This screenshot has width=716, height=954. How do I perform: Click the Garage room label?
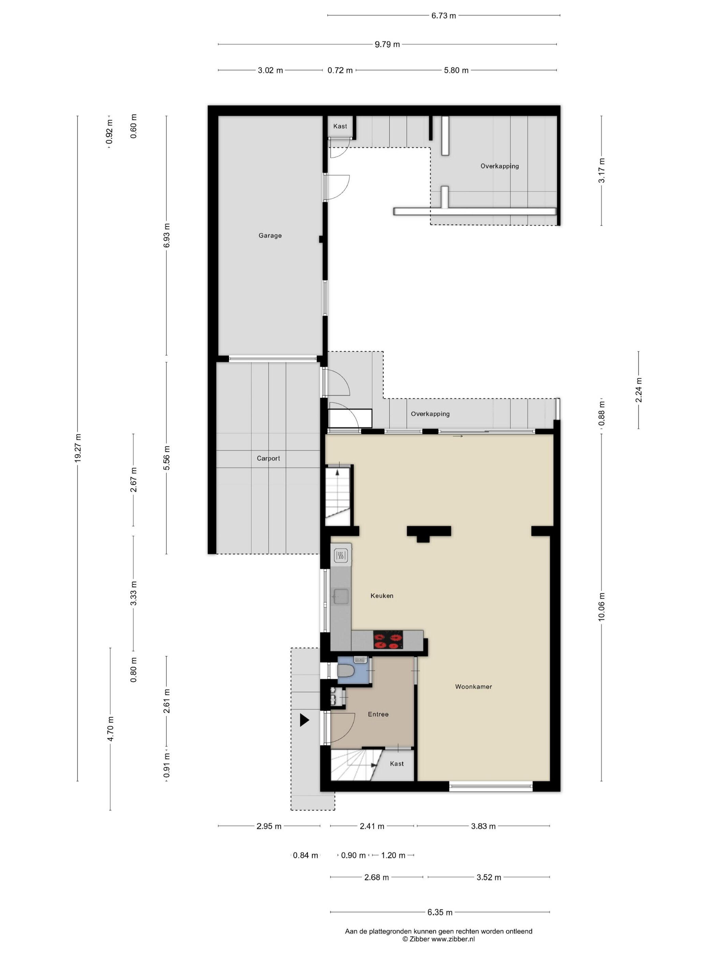pyautogui.click(x=270, y=235)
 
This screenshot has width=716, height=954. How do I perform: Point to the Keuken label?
pyautogui.click(x=382, y=596)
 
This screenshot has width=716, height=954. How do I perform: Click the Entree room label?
pyautogui.click(x=378, y=714)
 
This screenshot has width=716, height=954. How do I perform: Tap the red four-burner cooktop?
pyautogui.click(x=388, y=640)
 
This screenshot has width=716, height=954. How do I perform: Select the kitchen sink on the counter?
pyautogui.click(x=341, y=597)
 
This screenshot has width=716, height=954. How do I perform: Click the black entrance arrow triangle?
pyautogui.click(x=304, y=720)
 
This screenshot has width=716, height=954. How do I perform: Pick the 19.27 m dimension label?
pyautogui.click(x=78, y=448)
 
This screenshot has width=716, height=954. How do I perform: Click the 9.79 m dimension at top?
pyautogui.click(x=387, y=44)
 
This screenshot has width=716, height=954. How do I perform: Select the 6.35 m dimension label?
pyautogui.click(x=440, y=912)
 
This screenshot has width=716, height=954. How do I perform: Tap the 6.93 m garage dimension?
pyautogui.click(x=167, y=235)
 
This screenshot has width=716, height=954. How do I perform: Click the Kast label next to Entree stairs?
pyautogui.click(x=397, y=764)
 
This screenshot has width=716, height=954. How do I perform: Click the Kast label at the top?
pyautogui.click(x=340, y=126)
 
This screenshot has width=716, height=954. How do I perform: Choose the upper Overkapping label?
pyautogui.click(x=499, y=166)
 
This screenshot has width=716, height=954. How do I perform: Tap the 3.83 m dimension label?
pyautogui.click(x=483, y=826)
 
